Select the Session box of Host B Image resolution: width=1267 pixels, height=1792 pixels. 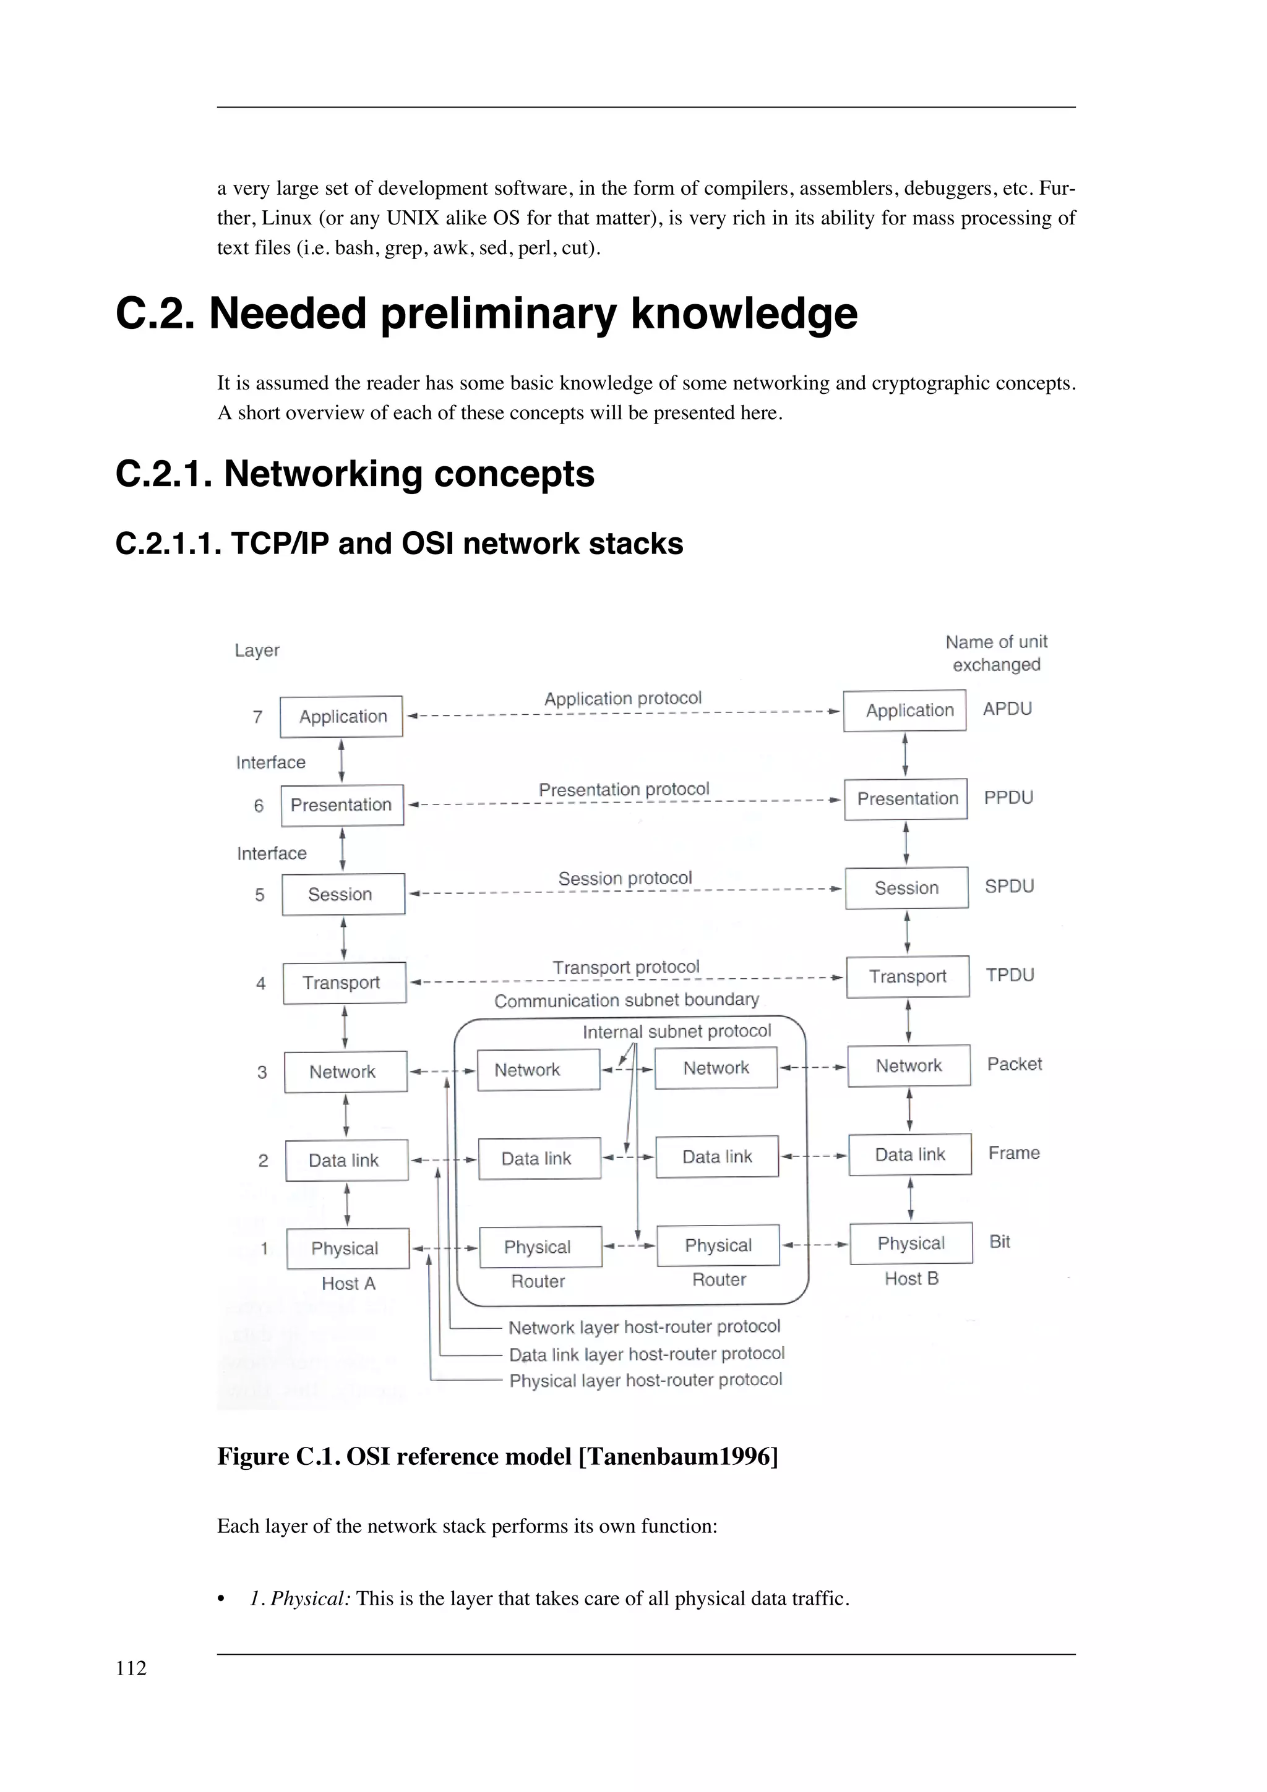point(906,888)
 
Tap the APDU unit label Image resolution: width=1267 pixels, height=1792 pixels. point(1007,709)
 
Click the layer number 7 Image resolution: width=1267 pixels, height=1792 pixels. point(257,717)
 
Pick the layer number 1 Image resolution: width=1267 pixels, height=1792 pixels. point(264,1249)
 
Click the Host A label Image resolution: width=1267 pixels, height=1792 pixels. point(348,1284)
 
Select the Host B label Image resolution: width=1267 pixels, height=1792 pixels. point(911,1278)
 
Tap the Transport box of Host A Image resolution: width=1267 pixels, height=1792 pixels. point(343,983)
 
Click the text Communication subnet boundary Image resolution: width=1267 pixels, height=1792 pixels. point(626,1001)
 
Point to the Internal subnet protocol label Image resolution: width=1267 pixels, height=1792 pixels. point(676,1032)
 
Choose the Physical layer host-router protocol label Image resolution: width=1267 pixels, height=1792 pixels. point(645,1381)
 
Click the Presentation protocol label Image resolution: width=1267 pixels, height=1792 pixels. point(624,790)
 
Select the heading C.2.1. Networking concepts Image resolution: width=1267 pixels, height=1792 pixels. point(354,474)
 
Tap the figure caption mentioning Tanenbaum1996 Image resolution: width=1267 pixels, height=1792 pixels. point(497,1456)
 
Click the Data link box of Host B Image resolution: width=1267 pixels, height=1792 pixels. point(909,1154)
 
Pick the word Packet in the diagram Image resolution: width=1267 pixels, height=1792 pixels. point(1014,1065)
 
